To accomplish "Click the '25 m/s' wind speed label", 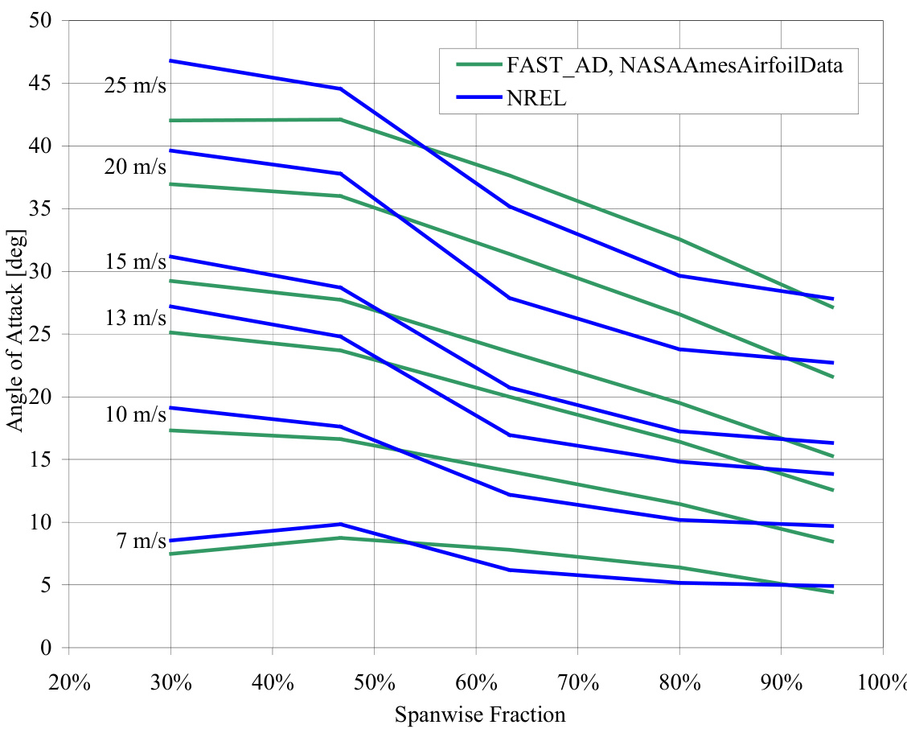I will click(x=135, y=85).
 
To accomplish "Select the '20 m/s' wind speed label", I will click(x=135, y=167).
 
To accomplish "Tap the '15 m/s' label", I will click(x=135, y=262).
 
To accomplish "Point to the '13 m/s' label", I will click(x=135, y=319).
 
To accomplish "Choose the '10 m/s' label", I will click(x=135, y=414).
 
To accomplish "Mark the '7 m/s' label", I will click(x=141, y=541).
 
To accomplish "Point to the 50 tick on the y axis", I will click(x=39, y=20).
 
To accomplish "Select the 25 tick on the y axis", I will click(x=39, y=334).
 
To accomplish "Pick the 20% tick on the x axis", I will click(x=68, y=683).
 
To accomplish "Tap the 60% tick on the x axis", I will click(x=476, y=683).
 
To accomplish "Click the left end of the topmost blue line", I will click(x=170, y=60).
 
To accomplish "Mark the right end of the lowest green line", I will click(x=832, y=592).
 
